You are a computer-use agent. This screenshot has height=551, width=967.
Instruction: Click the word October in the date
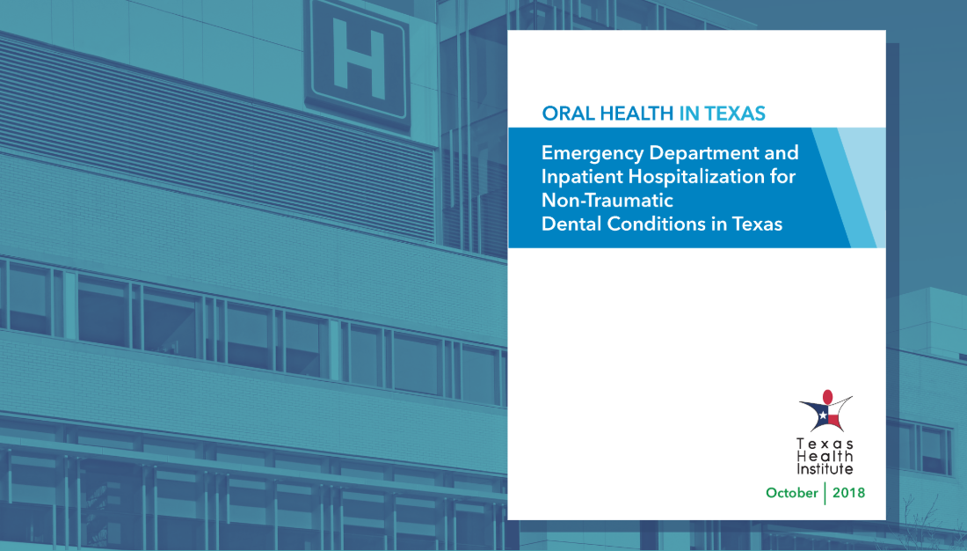click(x=791, y=493)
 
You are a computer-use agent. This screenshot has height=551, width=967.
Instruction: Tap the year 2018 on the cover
click(x=848, y=493)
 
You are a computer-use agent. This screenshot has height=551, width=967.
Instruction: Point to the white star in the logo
click(x=823, y=415)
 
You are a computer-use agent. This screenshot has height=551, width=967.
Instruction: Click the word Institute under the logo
click(x=825, y=469)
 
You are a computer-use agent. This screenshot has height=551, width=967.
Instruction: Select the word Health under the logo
click(x=825, y=457)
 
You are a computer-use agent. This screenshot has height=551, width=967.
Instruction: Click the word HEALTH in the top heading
click(x=637, y=114)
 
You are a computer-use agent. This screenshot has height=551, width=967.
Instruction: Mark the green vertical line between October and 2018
click(x=825, y=493)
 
